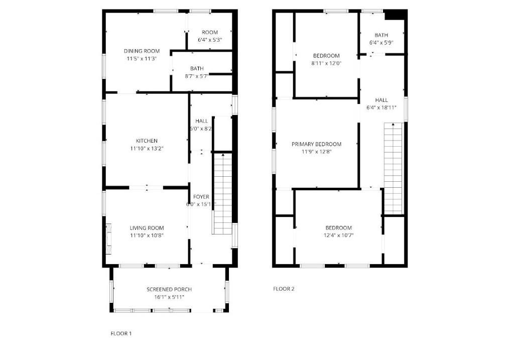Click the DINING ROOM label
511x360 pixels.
tap(142, 51)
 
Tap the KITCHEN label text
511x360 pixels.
tap(147, 141)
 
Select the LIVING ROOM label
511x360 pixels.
tap(147, 228)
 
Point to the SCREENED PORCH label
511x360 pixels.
tap(169, 289)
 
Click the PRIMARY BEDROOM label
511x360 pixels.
tap(316, 144)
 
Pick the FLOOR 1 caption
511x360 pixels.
tap(121, 333)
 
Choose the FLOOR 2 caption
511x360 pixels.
tap(284, 289)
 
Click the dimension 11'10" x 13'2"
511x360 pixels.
tap(147, 149)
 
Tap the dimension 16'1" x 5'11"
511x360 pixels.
tap(169, 297)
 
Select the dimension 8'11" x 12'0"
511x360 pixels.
tap(326, 64)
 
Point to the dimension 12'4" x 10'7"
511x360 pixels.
tap(339, 235)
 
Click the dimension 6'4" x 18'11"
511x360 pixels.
tap(381, 107)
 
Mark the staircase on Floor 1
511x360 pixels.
tap(222, 194)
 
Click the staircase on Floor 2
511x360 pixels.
tap(394, 168)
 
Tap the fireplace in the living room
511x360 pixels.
tap(109, 238)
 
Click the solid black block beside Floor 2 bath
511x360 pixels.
tap(396, 15)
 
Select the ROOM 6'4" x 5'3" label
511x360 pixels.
tap(209, 36)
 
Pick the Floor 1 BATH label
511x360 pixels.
tap(197, 68)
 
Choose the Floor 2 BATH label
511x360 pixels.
tap(381, 35)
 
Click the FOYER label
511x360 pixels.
tap(201, 197)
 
